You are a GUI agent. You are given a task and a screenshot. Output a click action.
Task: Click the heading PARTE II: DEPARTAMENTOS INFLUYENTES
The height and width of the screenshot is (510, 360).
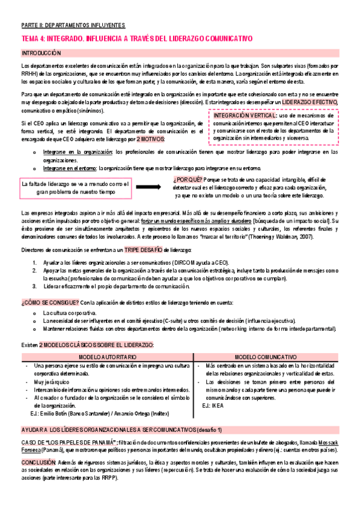click(73, 25)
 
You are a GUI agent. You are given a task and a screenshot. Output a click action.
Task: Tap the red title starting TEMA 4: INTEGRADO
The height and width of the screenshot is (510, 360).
click(137, 38)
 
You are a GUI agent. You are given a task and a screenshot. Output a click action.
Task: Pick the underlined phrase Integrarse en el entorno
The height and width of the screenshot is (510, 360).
click(65, 168)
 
